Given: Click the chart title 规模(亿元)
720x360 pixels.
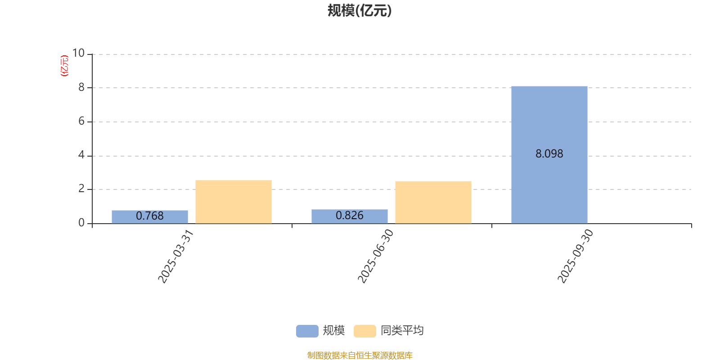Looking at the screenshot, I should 359,11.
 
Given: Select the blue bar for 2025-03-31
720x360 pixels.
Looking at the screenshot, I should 149,217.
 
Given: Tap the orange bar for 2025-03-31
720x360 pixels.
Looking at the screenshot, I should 233,202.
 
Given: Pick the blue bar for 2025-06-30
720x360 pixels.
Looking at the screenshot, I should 349,216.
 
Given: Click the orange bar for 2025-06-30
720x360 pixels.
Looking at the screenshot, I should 433,202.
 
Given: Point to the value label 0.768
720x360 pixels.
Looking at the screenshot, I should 149,216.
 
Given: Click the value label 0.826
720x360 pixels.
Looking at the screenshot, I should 349,216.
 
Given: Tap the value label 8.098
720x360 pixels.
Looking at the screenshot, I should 549,154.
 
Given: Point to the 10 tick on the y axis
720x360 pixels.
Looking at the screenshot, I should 79,53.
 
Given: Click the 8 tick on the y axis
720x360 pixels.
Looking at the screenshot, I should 81,87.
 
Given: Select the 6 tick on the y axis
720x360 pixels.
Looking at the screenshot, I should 81,121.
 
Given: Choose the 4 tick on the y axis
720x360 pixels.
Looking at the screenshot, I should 81,155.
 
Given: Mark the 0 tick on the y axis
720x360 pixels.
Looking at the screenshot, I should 81,223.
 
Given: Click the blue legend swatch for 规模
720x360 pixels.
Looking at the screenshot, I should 307,331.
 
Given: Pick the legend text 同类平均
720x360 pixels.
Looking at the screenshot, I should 402,331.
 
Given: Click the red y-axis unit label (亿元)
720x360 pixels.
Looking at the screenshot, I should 64,66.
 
